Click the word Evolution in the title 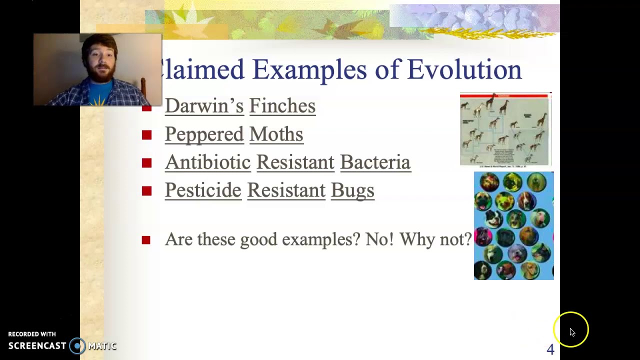(x=464, y=69)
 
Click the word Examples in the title (x=309, y=69)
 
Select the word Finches (x=282, y=106)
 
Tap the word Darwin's (x=204, y=106)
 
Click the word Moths (x=276, y=134)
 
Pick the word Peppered (x=204, y=134)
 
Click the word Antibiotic (x=207, y=162)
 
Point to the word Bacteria (x=375, y=162)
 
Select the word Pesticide (x=203, y=190)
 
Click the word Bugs (x=352, y=190)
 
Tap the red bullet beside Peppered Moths (x=146, y=135)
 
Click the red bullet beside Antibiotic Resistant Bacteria (x=146, y=163)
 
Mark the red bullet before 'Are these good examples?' (x=146, y=240)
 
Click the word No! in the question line (x=379, y=239)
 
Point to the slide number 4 (x=550, y=349)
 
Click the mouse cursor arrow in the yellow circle (x=572, y=332)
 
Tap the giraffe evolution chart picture (x=505, y=129)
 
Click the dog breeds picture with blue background (x=513, y=225)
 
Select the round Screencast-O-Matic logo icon (x=77, y=346)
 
